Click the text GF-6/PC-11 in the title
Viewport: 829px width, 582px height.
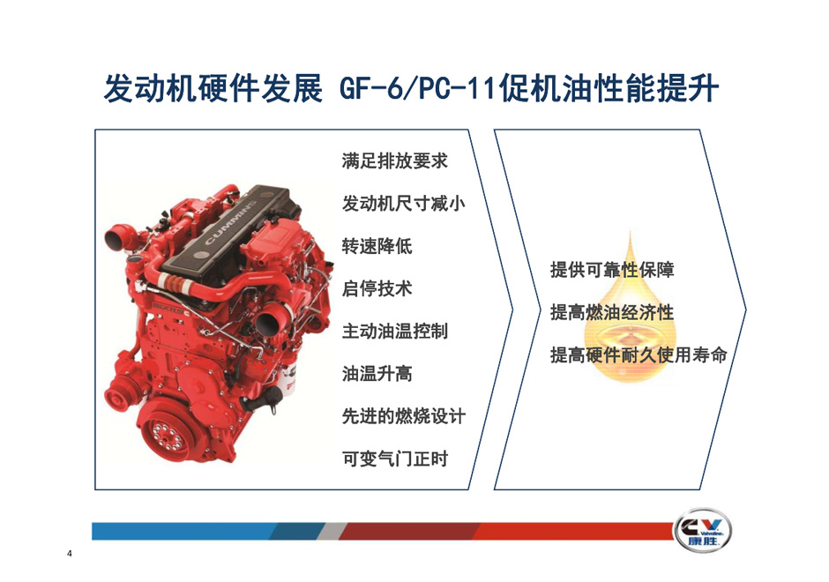click(x=418, y=89)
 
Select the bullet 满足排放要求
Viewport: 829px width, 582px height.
click(x=395, y=160)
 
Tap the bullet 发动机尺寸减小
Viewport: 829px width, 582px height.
click(x=404, y=204)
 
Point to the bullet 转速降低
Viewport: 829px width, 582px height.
click(x=377, y=246)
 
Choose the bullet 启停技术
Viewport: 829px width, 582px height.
click(x=377, y=288)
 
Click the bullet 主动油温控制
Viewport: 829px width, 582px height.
click(x=395, y=332)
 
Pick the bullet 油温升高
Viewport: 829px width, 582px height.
click(x=377, y=374)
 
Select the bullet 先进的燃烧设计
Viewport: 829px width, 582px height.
click(x=404, y=416)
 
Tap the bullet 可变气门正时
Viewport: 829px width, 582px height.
click(x=395, y=459)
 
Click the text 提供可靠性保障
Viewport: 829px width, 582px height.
click(x=612, y=270)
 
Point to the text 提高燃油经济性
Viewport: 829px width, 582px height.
click(x=612, y=312)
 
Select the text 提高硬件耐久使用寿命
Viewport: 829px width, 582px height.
click(x=639, y=354)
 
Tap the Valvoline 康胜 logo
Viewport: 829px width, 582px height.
click(x=702, y=531)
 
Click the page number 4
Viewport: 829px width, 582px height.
click(x=70, y=554)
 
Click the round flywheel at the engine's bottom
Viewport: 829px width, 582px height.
click(x=168, y=435)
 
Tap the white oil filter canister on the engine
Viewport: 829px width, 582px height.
click(x=283, y=377)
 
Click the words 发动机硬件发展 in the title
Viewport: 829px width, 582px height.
click(x=213, y=89)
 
